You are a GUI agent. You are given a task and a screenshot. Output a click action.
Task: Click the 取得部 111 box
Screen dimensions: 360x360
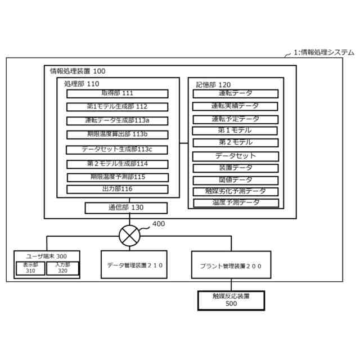(x=118, y=93)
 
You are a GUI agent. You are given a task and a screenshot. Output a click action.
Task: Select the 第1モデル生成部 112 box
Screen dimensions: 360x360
(x=118, y=106)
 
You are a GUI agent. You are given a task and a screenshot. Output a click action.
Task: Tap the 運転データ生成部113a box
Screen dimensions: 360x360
(x=118, y=120)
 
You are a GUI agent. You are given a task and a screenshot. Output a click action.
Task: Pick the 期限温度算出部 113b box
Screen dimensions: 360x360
(x=118, y=134)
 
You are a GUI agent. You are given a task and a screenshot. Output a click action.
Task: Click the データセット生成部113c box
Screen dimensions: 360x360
(x=118, y=149)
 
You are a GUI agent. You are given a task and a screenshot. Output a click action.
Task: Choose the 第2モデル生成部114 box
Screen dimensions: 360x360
(x=118, y=164)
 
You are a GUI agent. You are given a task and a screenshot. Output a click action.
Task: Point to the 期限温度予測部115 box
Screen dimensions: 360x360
(x=118, y=177)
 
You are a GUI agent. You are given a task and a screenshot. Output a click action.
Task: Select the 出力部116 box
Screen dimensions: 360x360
(x=118, y=189)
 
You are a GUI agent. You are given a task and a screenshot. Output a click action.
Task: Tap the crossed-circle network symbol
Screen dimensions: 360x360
(x=130, y=233)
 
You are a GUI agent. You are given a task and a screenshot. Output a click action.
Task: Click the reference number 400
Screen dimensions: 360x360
(x=159, y=224)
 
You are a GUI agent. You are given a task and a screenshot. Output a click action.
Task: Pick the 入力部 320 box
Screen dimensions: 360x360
(x=62, y=268)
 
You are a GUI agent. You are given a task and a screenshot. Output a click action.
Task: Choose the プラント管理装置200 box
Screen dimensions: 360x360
(x=231, y=265)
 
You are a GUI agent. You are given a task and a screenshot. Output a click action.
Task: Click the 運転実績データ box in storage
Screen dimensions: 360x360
(x=235, y=106)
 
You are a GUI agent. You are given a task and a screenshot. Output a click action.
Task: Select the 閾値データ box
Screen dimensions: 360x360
(x=235, y=180)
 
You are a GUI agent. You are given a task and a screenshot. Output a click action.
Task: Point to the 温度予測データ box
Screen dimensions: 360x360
(x=235, y=202)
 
